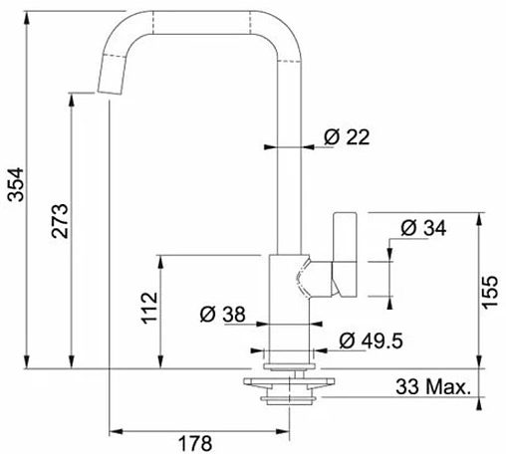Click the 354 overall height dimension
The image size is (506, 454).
pyautogui.click(x=16, y=184)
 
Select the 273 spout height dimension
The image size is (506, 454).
pyautogui.click(x=60, y=221)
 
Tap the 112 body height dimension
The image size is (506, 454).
pyautogui.click(x=149, y=308)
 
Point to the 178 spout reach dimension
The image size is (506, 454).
pyautogui.click(x=195, y=443)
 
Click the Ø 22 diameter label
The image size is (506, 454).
pyautogui.click(x=347, y=136)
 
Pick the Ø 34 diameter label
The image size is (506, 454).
pyautogui.click(x=423, y=228)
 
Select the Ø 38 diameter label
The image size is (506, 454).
pyautogui.click(x=222, y=314)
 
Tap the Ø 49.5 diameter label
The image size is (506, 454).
pyautogui.click(x=371, y=340)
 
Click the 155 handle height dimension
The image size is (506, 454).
pyautogui.click(x=490, y=292)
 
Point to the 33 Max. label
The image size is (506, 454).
pyautogui.click(x=433, y=387)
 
